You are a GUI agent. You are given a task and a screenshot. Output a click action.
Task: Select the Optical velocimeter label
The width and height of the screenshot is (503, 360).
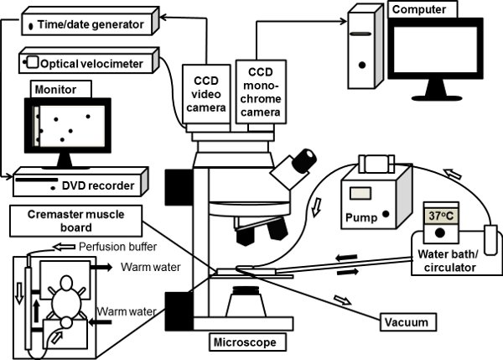91,62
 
